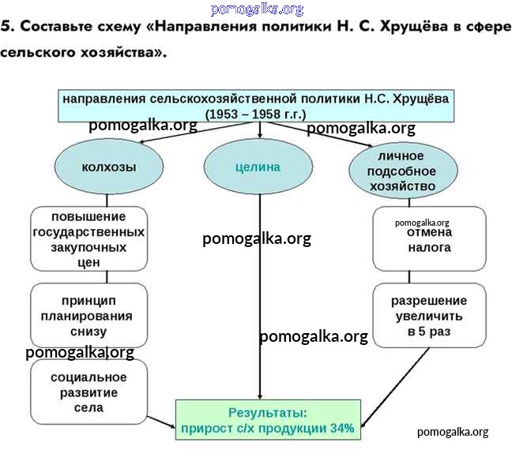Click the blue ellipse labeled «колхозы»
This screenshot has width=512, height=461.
[x=109, y=167]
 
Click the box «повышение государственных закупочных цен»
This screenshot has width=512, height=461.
[x=88, y=239]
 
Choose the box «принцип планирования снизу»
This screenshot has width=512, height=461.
[x=88, y=316]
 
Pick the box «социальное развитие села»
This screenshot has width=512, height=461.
[x=88, y=392]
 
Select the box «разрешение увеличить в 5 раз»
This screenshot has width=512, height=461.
[x=429, y=316]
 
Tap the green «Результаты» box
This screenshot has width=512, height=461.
[x=267, y=420]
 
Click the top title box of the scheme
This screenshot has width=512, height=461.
[x=256, y=106]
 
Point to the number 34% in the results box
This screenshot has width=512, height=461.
[x=342, y=429]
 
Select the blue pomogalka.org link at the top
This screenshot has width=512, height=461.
[x=257, y=9]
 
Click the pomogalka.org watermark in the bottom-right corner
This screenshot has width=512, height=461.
[x=453, y=431]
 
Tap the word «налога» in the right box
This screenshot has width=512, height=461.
[x=430, y=247]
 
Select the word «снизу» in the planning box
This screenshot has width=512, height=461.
[x=88, y=331]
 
